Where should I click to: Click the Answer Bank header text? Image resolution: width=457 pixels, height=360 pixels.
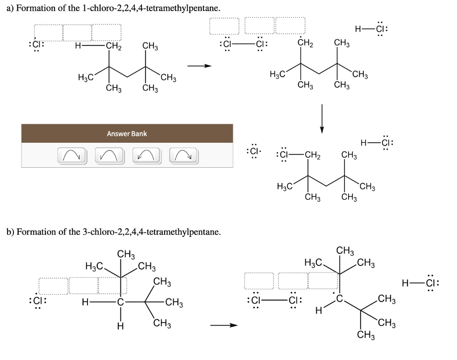(x=127, y=134)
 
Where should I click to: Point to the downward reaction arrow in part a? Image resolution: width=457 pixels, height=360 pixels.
(x=321, y=118)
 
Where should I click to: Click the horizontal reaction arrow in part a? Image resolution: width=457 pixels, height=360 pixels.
(x=199, y=66)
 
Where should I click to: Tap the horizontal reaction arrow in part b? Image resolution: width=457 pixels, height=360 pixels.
(x=224, y=325)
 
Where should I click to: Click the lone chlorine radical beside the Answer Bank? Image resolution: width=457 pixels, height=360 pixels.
(x=253, y=151)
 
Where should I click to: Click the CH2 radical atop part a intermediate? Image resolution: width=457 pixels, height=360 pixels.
(x=305, y=44)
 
